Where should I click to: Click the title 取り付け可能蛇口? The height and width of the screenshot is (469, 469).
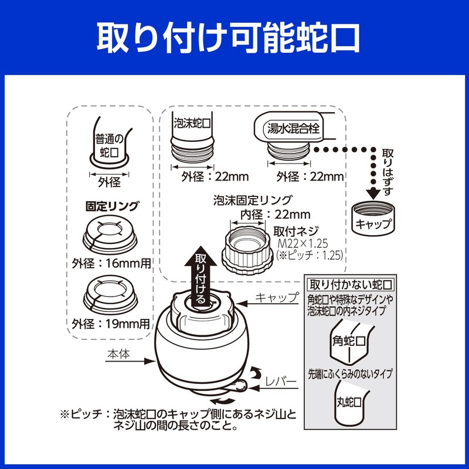[x=235, y=37]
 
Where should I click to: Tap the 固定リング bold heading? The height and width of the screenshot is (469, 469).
[x=112, y=206]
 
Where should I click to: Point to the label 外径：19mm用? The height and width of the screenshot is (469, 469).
[x=111, y=323]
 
